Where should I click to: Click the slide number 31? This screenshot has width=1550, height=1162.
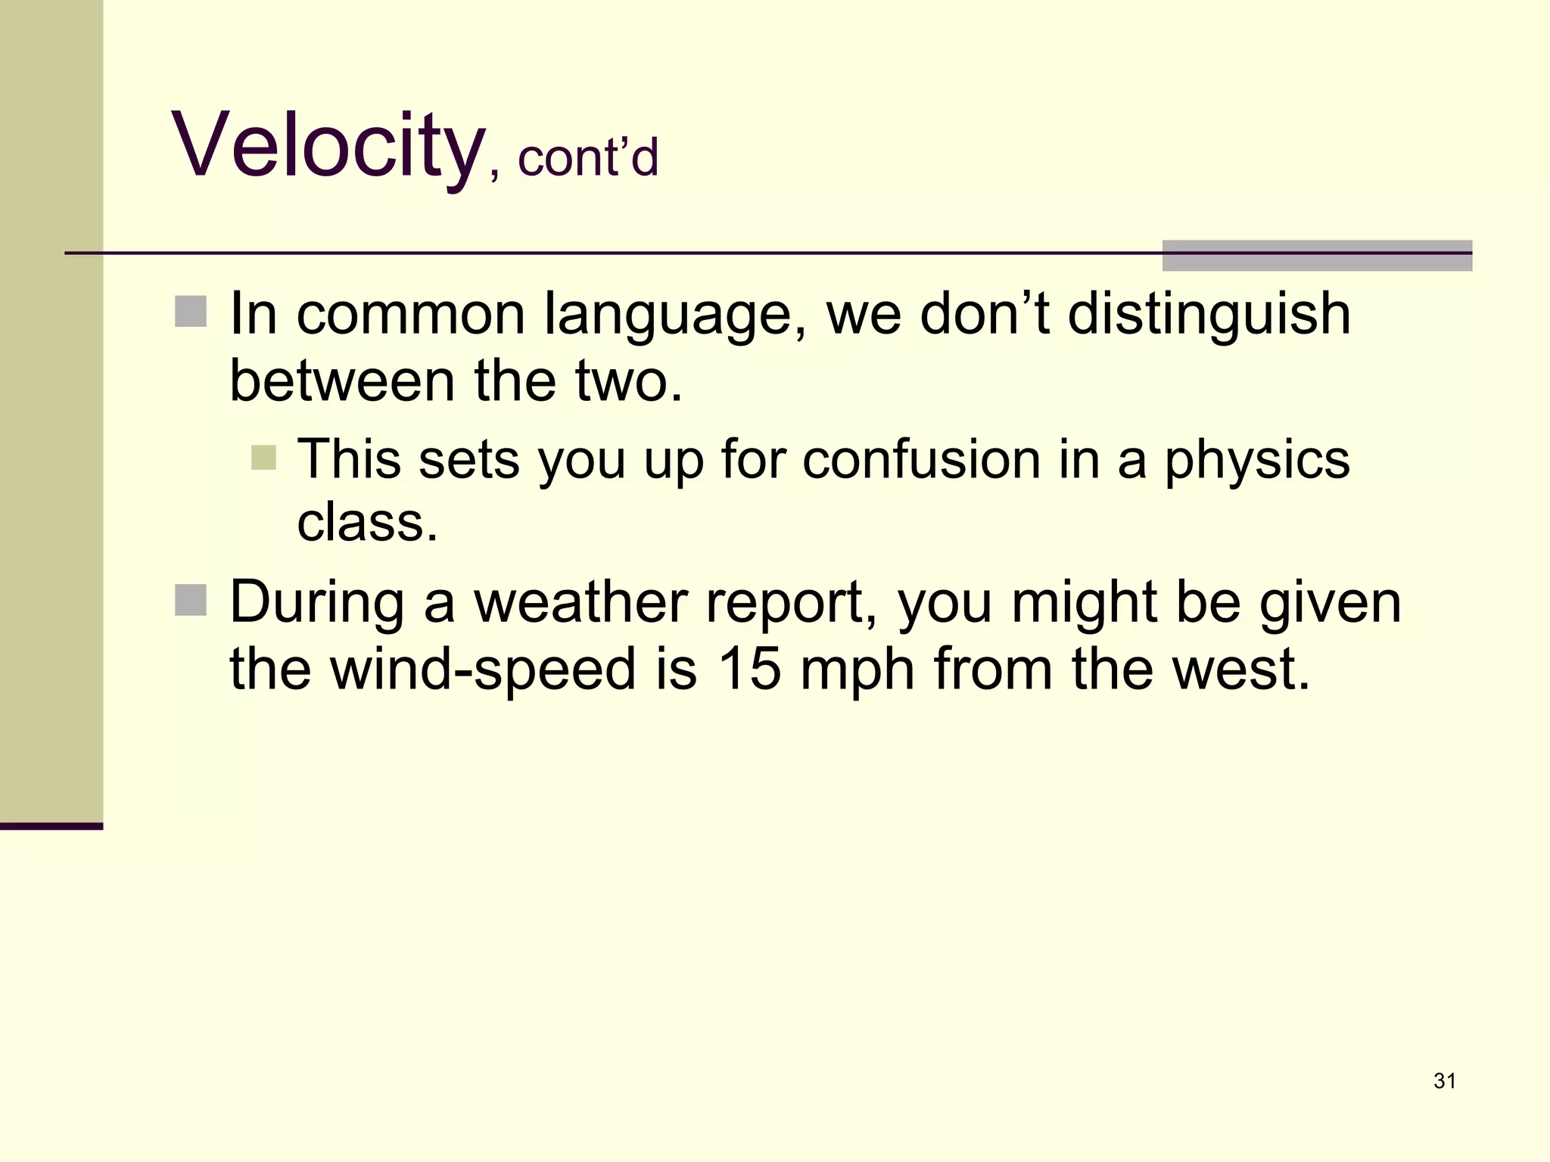pyautogui.click(x=1445, y=1081)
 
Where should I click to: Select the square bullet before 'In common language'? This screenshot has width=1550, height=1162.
pyautogui.click(x=191, y=312)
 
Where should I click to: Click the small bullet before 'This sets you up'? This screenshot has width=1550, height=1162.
pyautogui.click(x=263, y=457)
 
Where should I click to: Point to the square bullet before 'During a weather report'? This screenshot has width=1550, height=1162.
pyautogui.click(x=191, y=601)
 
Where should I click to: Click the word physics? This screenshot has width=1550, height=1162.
pyautogui.click(x=1256, y=460)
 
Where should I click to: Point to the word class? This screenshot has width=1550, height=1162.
pyautogui.click(x=367, y=522)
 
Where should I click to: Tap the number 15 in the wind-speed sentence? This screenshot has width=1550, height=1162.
pyautogui.click(x=749, y=669)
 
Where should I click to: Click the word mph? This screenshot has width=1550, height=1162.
pyautogui.click(x=857, y=670)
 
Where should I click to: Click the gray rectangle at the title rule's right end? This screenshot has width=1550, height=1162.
pyautogui.click(x=1317, y=255)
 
